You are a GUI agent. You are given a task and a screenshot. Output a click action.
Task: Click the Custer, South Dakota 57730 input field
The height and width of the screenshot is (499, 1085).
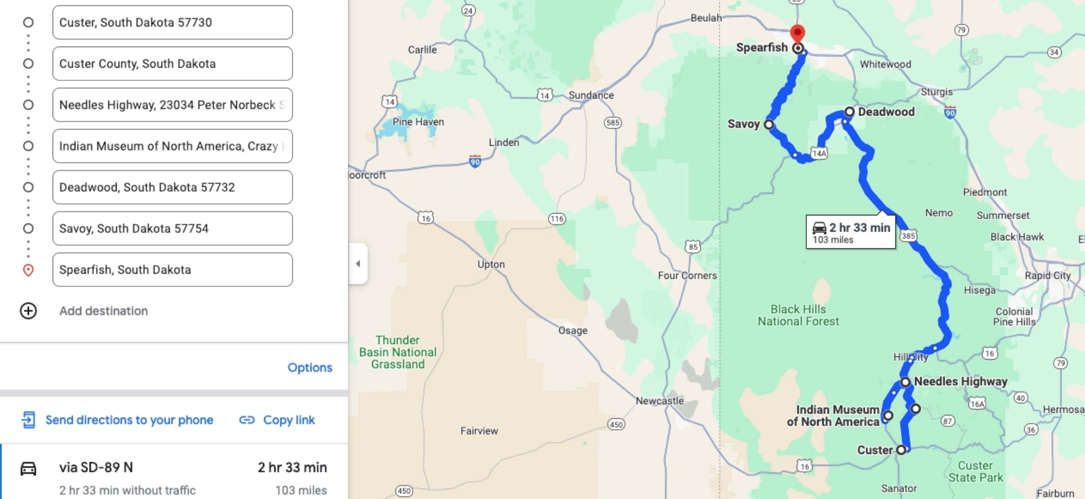[x=172, y=22]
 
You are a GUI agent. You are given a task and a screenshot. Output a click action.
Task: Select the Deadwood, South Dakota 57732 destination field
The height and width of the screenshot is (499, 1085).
[x=172, y=187]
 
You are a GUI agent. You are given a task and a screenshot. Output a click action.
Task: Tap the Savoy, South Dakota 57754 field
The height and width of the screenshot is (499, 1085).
[x=172, y=228]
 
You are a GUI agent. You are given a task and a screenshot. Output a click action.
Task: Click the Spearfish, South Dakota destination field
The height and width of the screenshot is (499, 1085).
[x=172, y=270]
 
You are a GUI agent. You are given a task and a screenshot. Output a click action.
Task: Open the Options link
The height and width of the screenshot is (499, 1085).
[x=310, y=367]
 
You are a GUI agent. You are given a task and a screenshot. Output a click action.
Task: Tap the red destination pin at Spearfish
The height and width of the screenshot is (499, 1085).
[x=797, y=33]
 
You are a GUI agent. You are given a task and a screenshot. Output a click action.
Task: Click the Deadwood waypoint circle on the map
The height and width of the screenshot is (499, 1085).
[x=849, y=112]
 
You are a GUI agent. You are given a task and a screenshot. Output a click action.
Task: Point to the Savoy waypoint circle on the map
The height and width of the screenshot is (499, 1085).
[x=769, y=124]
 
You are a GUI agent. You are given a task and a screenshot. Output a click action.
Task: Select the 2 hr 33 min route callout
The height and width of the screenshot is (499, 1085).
[x=851, y=232]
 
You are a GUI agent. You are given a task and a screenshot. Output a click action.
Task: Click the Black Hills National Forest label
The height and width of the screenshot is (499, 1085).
[x=798, y=315]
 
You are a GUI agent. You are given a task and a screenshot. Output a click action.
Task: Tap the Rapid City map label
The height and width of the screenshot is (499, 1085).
[x=1048, y=276]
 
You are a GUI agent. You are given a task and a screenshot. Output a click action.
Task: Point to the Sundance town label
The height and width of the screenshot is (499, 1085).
[x=591, y=95]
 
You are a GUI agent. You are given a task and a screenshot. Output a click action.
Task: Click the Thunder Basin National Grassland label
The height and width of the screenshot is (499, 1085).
[x=398, y=352]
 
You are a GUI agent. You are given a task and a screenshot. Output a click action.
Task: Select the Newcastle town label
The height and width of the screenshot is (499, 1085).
[x=660, y=401]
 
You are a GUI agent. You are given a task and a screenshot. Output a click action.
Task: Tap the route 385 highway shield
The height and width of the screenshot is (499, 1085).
[x=908, y=235]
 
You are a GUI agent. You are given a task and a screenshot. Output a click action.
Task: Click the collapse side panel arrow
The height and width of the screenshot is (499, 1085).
[x=358, y=264]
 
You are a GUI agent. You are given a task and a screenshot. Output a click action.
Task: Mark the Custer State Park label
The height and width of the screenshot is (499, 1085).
[x=975, y=471]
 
